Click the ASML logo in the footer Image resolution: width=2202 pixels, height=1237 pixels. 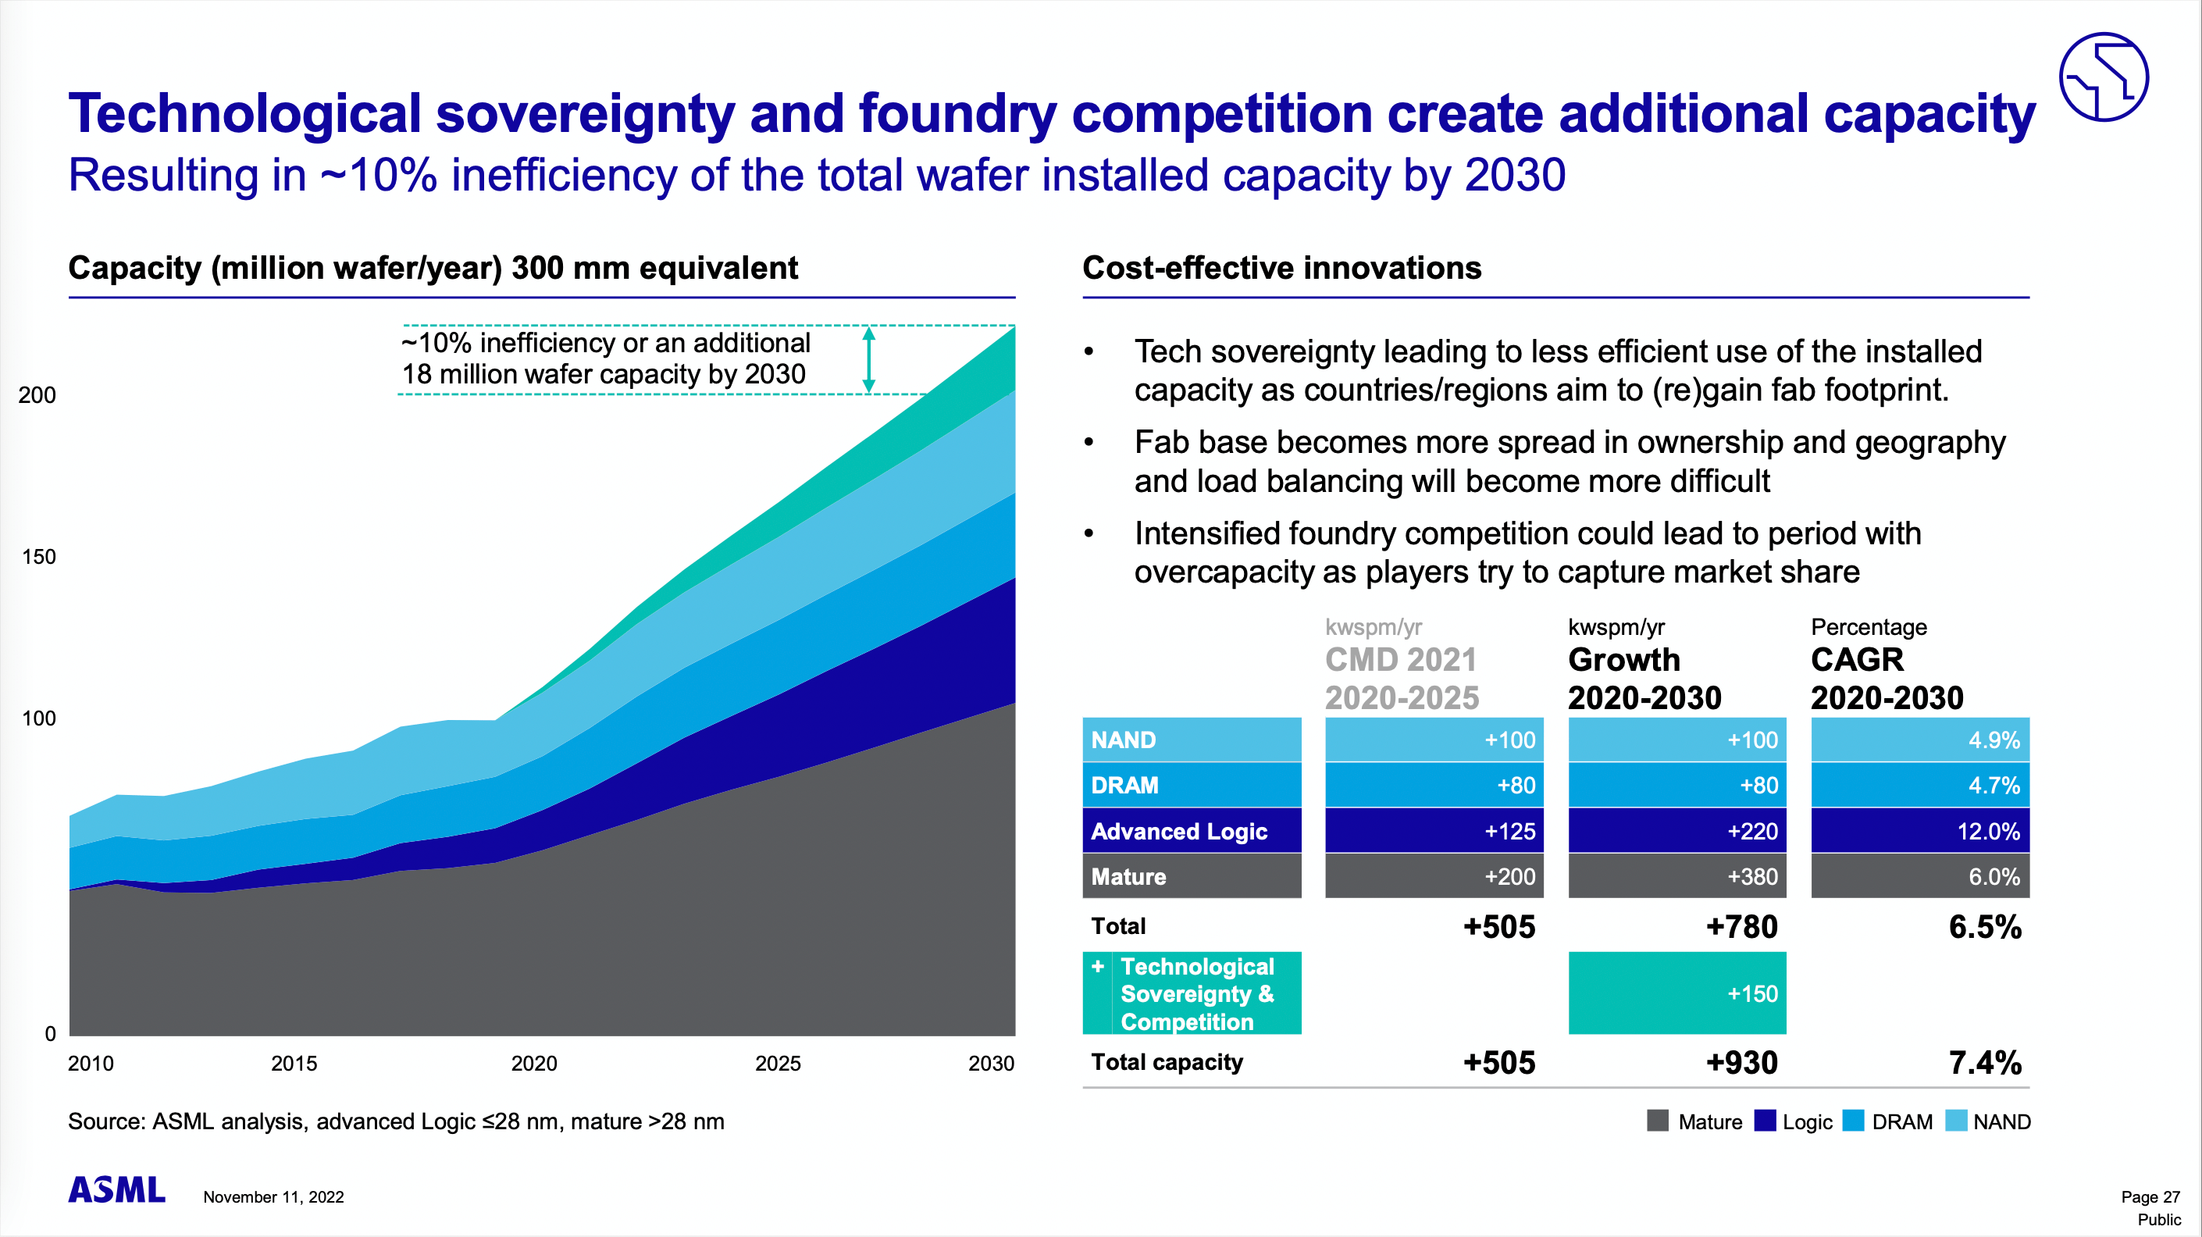pos(116,1189)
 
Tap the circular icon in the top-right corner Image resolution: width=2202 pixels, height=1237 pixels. pos(2103,77)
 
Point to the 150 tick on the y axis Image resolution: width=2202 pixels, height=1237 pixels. pos(38,558)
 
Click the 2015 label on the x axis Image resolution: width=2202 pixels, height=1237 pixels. pos(294,1064)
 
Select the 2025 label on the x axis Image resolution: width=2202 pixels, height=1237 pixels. pos(778,1064)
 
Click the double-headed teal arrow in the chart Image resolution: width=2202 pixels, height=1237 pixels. pos(868,360)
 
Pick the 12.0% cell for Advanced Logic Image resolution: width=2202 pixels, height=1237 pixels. pos(1920,831)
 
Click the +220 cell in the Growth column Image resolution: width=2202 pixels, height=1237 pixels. pos(1677,831)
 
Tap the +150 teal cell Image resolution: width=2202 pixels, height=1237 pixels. pos(1677,993)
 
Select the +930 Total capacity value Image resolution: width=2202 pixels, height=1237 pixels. pos(1741,1063)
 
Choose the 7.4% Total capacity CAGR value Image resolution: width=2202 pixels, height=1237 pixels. pos(1985,1063)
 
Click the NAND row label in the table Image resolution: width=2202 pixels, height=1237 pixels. pos(1192,740)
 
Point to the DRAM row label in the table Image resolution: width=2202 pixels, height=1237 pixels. pos(1192,786)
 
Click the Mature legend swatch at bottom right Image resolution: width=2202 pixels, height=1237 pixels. pos(1658,1121)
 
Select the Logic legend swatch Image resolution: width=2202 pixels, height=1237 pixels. pos(1765,1121)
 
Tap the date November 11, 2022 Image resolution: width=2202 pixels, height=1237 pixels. pos(273,1197)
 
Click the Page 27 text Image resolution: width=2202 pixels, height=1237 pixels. pos(2150,1197)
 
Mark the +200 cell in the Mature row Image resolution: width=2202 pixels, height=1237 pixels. pos(1434,876)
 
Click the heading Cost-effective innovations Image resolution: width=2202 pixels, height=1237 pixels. pos(1281,269)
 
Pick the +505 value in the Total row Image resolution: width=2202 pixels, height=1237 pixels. pos(1498,927)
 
